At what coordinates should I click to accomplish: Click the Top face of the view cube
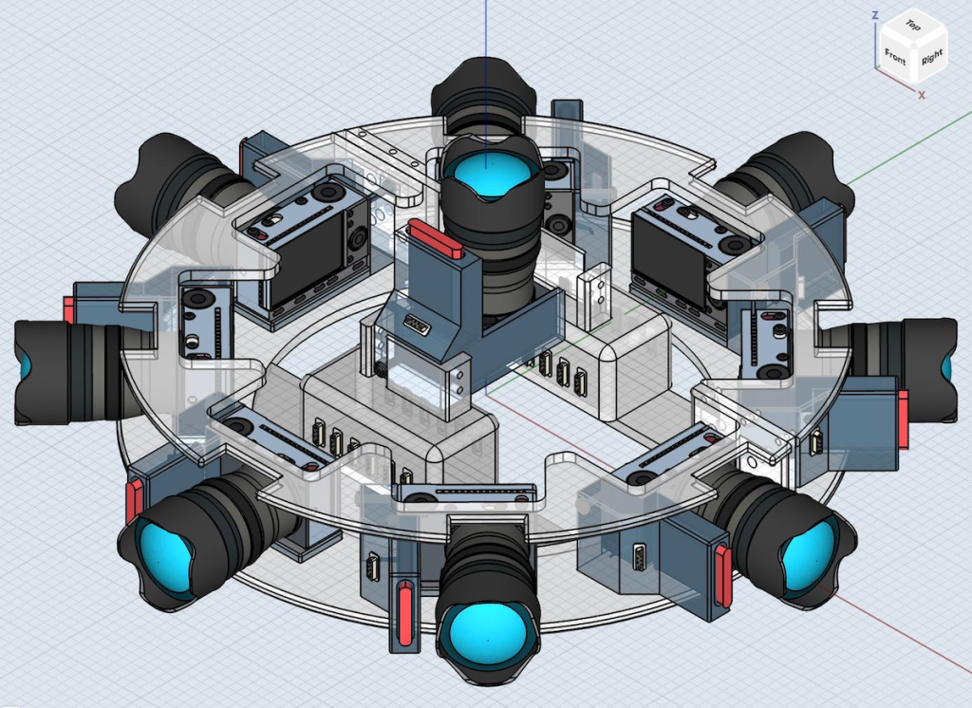point(912,26)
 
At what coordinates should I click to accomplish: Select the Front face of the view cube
point(894,57)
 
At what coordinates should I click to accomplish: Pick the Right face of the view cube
point(930,58)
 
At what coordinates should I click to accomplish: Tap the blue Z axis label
point(874,15)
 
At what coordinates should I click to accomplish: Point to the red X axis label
point(922,95)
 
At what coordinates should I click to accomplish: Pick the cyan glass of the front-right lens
point(809,556)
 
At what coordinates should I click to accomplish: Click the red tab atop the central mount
point(435,240)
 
